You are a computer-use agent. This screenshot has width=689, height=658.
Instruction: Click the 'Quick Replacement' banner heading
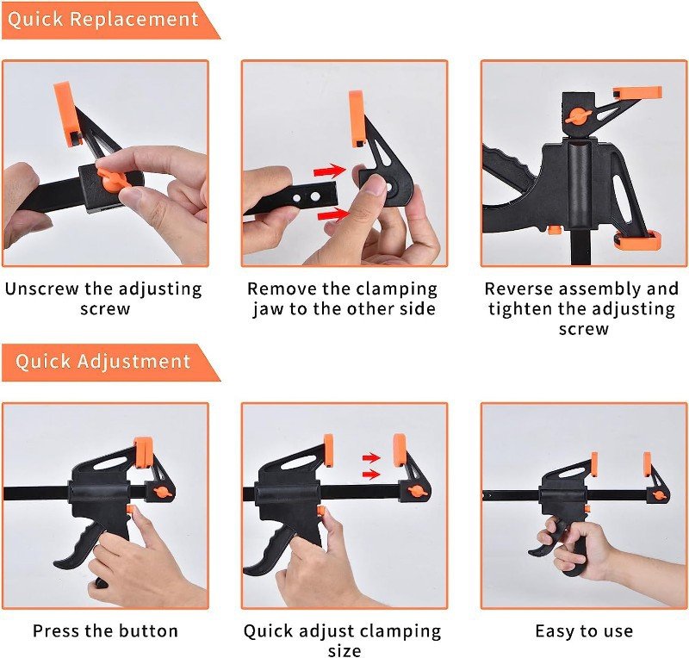click(102, 20)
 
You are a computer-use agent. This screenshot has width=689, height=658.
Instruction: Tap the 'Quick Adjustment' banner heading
click(102, 362)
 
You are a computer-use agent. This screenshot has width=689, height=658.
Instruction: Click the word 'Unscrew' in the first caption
click(42, 289)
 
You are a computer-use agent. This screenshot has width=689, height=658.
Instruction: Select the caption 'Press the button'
click(105, 630)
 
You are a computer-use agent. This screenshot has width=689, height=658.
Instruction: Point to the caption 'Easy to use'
click(584, 631)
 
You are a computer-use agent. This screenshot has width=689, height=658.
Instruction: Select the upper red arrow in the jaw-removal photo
click(330, 171)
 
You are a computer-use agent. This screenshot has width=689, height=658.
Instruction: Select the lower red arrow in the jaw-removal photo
click(333, 214)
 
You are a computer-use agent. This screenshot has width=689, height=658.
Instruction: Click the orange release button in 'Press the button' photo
click(131, 511)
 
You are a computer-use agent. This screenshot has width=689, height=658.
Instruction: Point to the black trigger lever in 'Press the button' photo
click(79, 549)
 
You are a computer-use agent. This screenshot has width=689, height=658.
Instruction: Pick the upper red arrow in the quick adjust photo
click(371, 458)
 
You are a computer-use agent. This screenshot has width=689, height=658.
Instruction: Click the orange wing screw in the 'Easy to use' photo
click(658, 496)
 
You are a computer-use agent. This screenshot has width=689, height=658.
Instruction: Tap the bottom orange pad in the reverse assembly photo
click(638, 239)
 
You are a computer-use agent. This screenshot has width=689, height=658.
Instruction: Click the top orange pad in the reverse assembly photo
click(637, 93)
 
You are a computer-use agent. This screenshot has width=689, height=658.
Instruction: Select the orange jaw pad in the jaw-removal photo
click(357, 118)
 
